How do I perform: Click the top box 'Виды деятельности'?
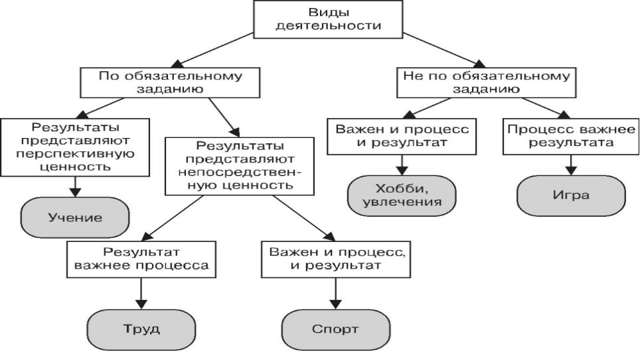tap(328, 19)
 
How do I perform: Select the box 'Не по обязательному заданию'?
tap(486, 83)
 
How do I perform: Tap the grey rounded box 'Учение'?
tap(75, 217)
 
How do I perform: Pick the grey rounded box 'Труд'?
tap(141, 329)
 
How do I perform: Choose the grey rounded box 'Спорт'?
tap(335, 329)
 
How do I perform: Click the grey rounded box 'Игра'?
tap(571, 195)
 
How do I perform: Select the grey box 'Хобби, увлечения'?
tap(401, 195)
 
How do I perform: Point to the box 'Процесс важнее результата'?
tap(571, 137)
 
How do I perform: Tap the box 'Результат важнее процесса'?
tap(141, 259)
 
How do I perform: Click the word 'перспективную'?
tap(75, 154)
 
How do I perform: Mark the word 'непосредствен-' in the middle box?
tap(239, 172)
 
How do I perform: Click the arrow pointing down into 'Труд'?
tap(141, 293)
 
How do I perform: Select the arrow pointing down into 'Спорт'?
tap(335, 293)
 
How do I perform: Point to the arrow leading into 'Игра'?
tap(571, 165)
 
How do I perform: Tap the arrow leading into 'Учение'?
tap(75, 187)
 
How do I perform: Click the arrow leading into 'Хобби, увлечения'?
tap(402, 165)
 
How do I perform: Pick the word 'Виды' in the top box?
tap(329, 12)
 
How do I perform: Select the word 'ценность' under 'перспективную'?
tap(76, 167)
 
